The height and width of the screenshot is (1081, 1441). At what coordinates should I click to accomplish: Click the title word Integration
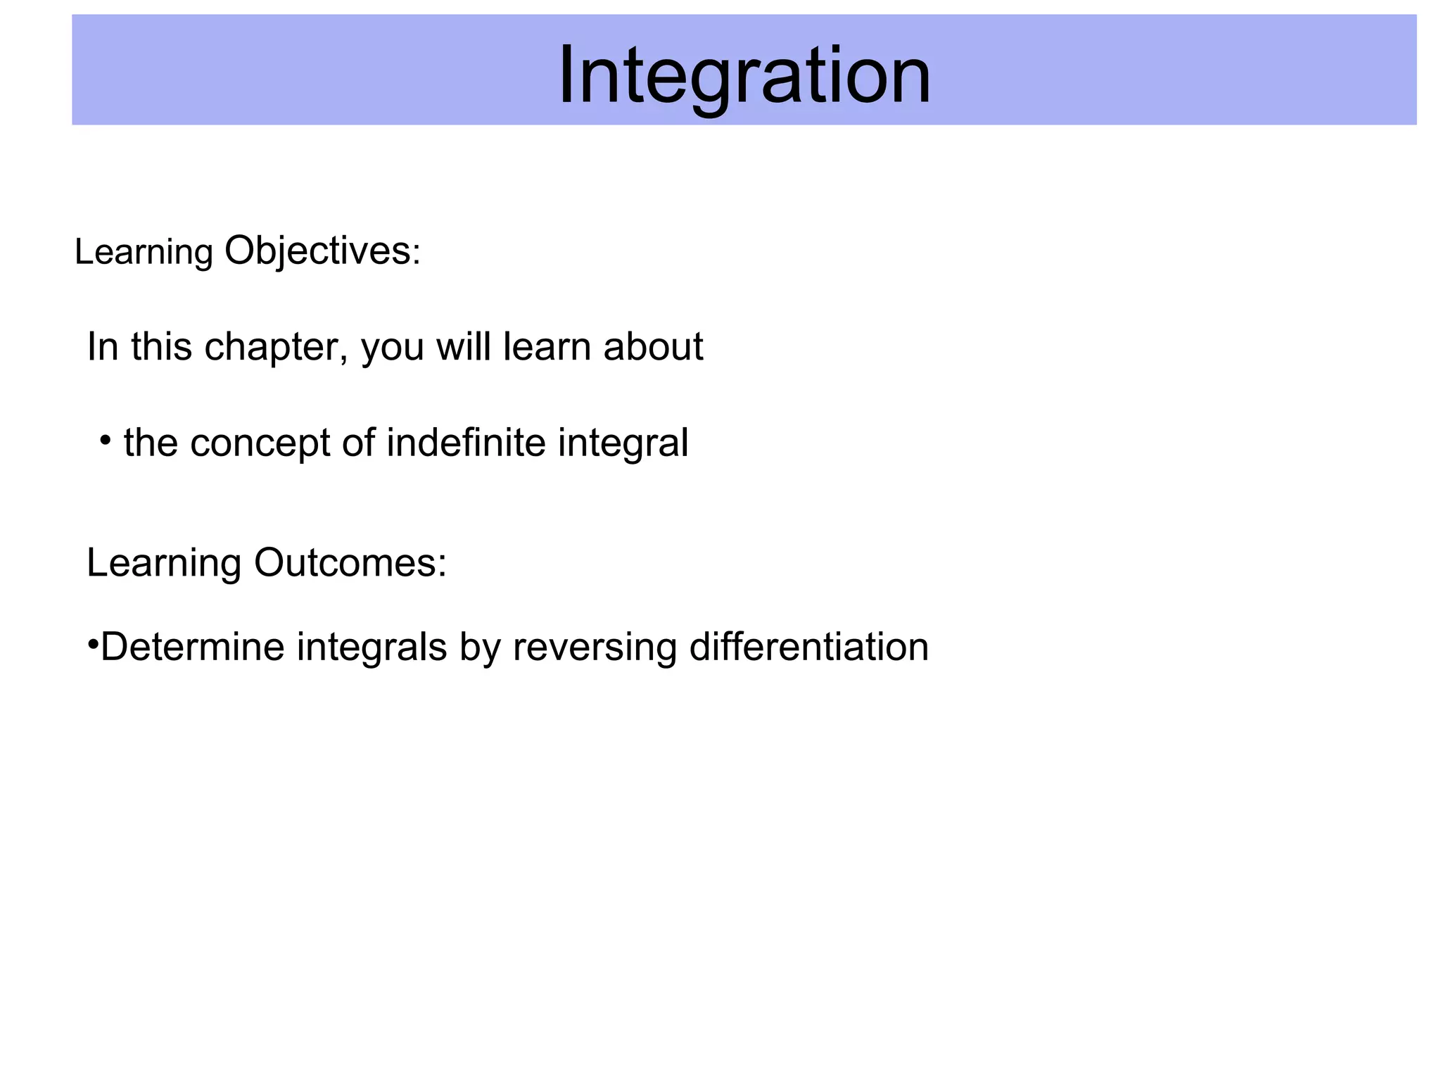tap(744, 75)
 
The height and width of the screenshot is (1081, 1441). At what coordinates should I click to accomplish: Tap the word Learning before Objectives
tap(144, 252)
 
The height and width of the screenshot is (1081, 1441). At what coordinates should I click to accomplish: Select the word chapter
tap(276, 347)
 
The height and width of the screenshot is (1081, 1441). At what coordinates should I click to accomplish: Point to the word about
tap(653, 347)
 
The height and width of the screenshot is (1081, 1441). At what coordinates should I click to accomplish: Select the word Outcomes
tap(350, 563)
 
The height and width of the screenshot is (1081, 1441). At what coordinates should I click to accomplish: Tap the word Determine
tap(192, 647)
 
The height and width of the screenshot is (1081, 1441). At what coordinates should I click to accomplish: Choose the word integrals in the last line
tap(372, 647)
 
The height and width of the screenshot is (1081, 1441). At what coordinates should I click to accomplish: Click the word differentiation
tap(808, 647)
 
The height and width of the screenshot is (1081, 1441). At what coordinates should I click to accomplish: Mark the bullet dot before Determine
tap(92, 644)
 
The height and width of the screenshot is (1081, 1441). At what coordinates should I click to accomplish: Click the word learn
tap(547, 347)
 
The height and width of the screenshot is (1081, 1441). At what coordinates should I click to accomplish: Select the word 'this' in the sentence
tap(161, 347)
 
